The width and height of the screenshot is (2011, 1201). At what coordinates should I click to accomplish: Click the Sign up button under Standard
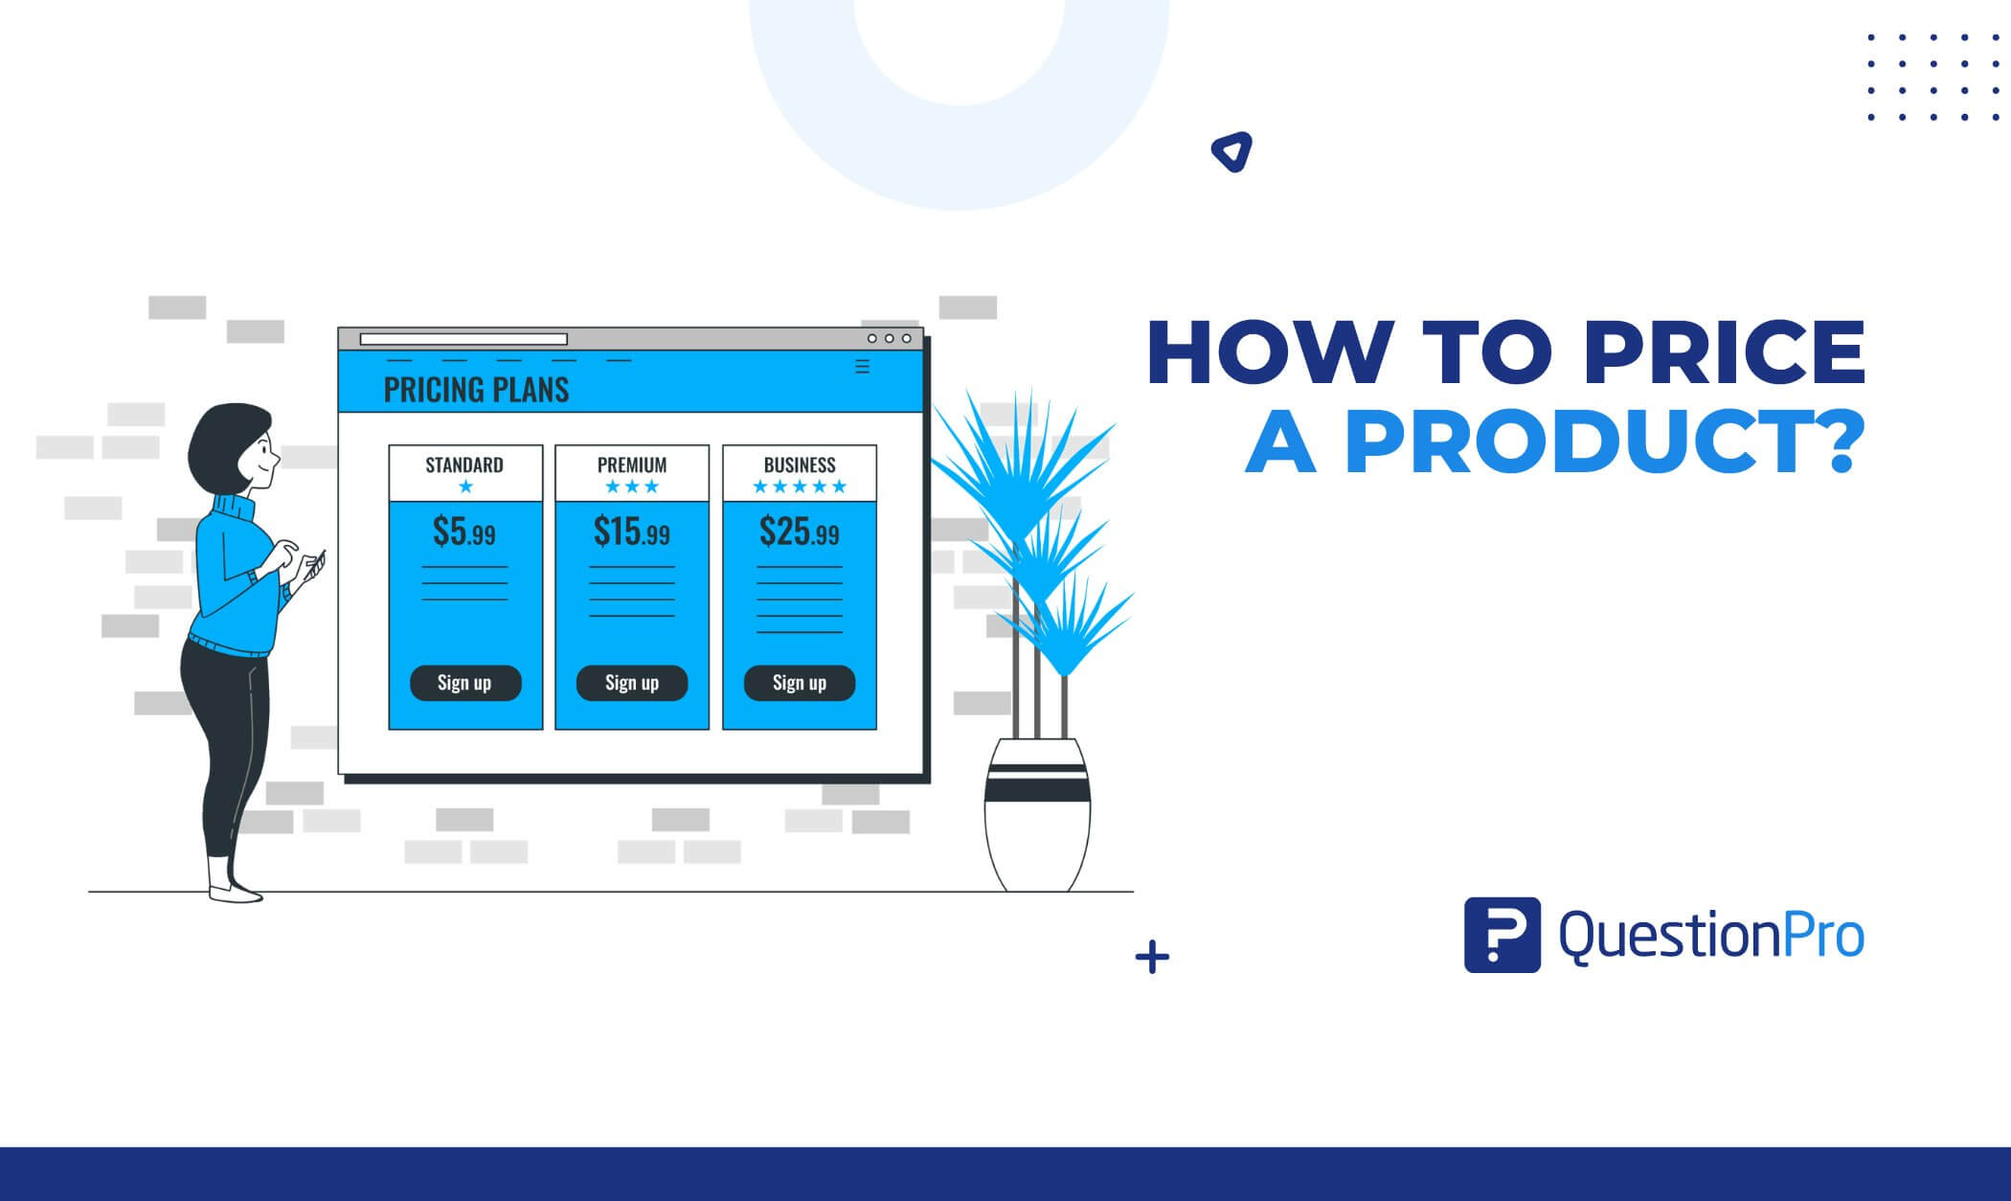[x=465, y=683]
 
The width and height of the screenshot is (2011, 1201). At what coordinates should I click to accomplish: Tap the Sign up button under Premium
[x=632, y=683]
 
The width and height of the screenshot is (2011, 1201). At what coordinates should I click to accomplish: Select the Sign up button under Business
[x=800, y=683]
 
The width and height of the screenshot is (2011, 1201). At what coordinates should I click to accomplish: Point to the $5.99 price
[x=464, y=532]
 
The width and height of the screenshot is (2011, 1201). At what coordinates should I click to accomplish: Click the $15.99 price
[x=632, y=532]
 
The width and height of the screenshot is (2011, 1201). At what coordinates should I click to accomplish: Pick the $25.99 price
[x=800, y=532]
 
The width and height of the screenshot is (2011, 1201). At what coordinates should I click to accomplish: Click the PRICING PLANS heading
[x=476, y=390]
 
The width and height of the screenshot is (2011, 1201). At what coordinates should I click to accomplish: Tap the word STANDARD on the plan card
[x=464, y=465]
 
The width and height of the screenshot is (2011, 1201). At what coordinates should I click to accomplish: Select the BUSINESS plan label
[x=800, y=465]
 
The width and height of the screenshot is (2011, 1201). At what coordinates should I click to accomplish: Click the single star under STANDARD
[x=465, y=487]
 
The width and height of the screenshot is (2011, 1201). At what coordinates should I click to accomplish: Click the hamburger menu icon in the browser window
[x=862, y=367]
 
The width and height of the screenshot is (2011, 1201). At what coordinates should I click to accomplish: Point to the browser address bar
[x=463, y=339]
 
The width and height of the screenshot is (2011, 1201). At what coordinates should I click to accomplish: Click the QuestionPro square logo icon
[x=1502, y=935]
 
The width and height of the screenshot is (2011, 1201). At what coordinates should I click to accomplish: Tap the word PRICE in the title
[x=1725, y=353]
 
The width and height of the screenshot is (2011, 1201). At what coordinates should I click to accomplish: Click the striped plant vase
[x=1037, y=815]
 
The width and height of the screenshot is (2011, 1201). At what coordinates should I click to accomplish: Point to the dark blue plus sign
[x=1152, y=958]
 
